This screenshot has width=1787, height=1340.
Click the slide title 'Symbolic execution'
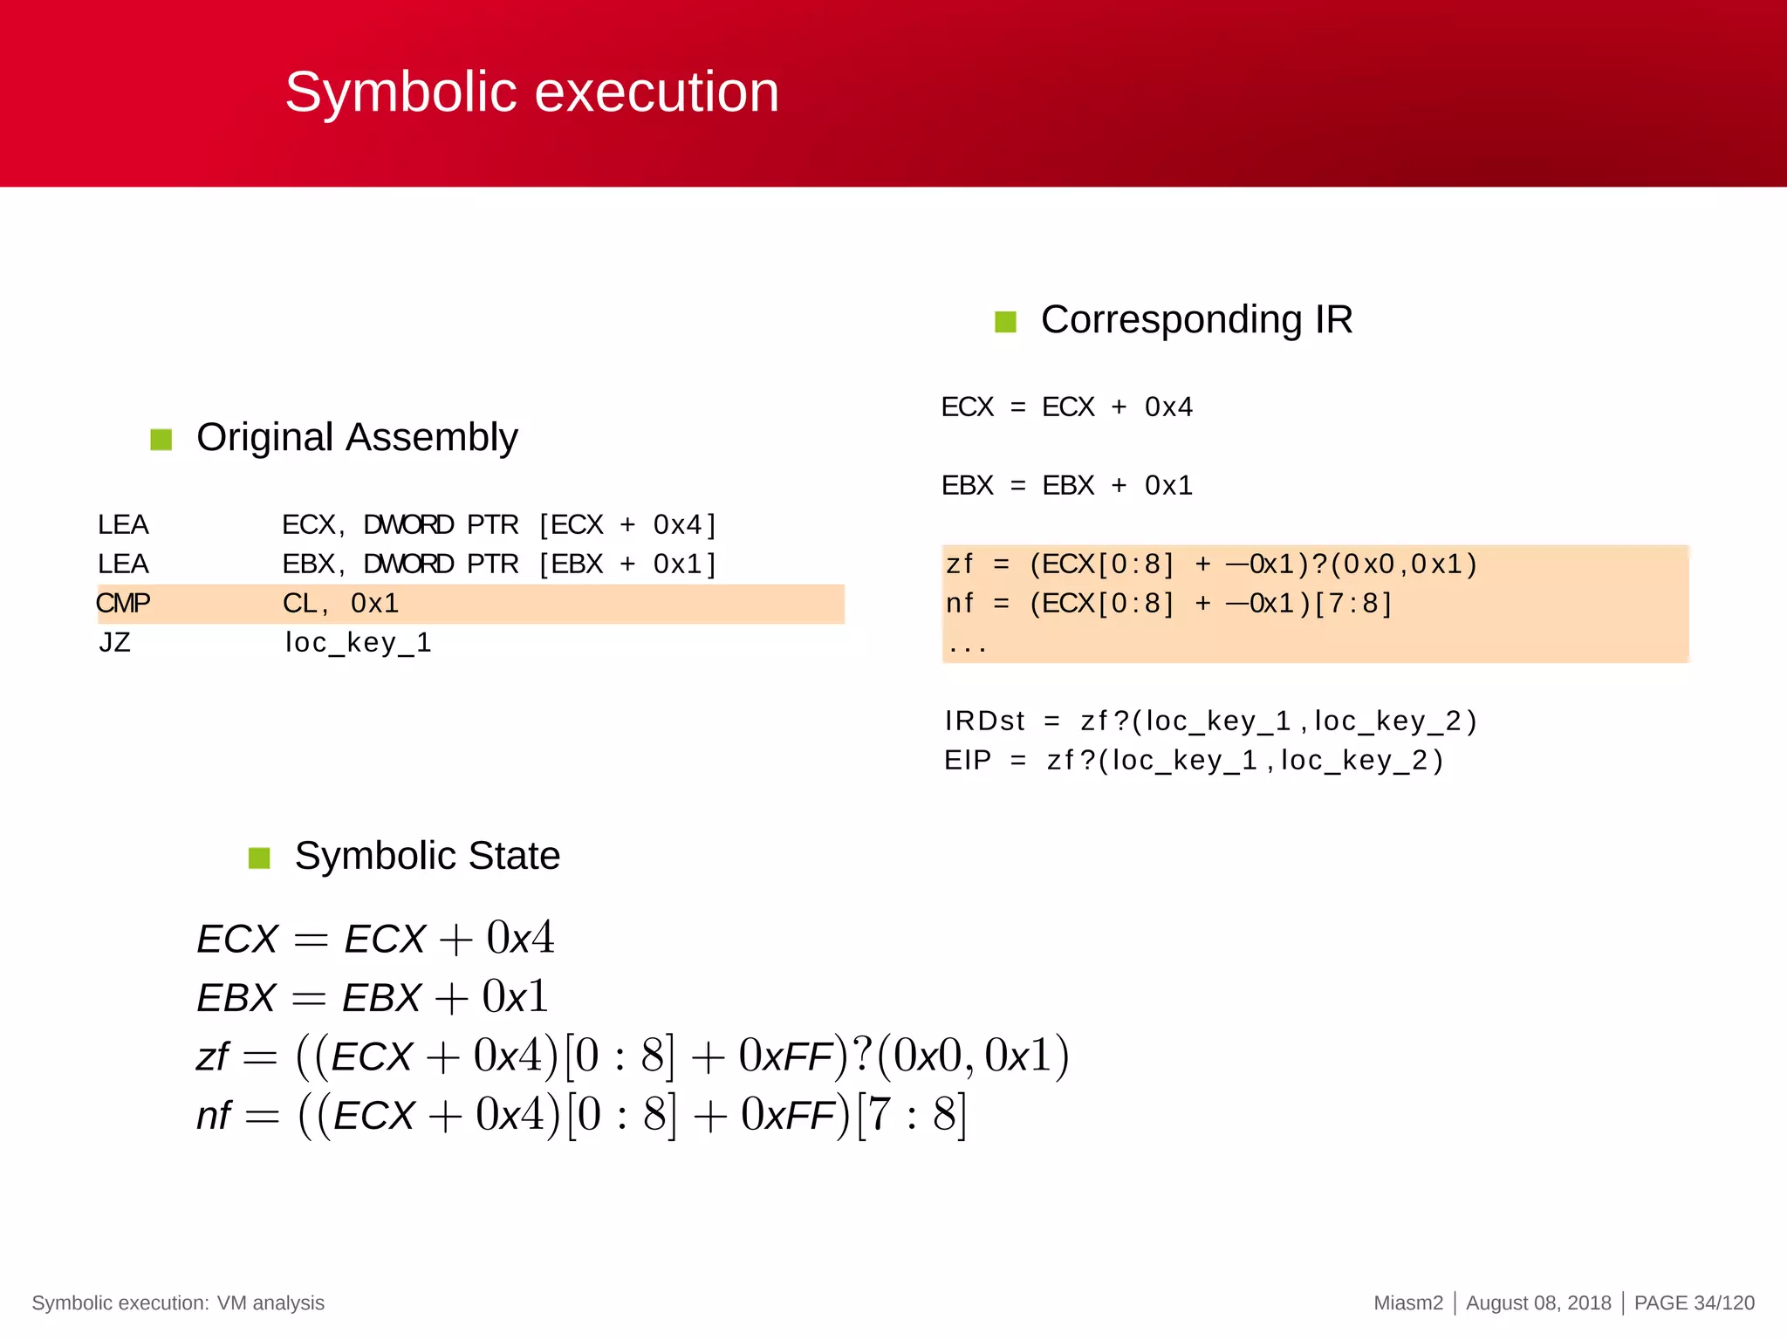(x=531, y=92)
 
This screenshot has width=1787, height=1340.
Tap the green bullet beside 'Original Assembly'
(x=161, y=439)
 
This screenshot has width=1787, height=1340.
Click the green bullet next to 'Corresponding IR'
(x=1005, y=322)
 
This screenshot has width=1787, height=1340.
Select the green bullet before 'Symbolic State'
(x=259, y=858)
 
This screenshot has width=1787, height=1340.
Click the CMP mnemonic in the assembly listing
(x=123, y=603)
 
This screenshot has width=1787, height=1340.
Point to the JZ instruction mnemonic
(x=114, y=643)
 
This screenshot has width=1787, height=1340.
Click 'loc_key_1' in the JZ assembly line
(x=358, y=643)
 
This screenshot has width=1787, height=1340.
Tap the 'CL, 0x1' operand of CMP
(x=340, y=603)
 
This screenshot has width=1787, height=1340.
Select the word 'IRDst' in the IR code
(x=984, y=721)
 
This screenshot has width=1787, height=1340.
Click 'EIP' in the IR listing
(x=968, y=761)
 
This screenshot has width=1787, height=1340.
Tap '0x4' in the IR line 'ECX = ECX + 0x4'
(x=1168, y=407)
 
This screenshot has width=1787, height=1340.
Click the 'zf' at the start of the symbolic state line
(x=212, y=1057)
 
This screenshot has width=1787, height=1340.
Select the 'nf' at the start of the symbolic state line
(x=214, y=1116)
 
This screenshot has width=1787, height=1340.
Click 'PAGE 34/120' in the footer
(x=1694, y=1302)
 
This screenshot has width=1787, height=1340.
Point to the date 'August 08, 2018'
(x=1538, y=1302)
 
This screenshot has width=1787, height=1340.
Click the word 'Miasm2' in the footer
(x=1408, y=1302)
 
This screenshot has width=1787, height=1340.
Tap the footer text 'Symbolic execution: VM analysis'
(x=178, y=1302)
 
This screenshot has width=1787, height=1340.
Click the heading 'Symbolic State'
(x=427, y=856)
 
